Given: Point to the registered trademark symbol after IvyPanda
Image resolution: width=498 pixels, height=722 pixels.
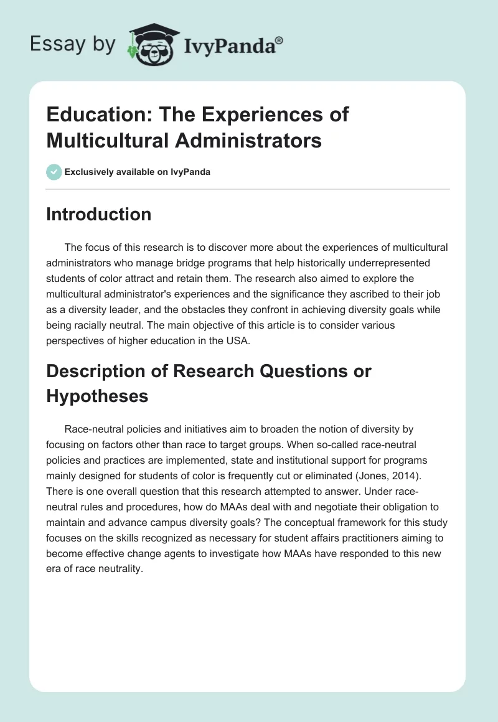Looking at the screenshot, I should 280,40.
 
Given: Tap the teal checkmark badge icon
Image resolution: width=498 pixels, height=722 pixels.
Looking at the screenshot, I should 54,172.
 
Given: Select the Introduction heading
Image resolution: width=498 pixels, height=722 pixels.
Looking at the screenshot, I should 98,214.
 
